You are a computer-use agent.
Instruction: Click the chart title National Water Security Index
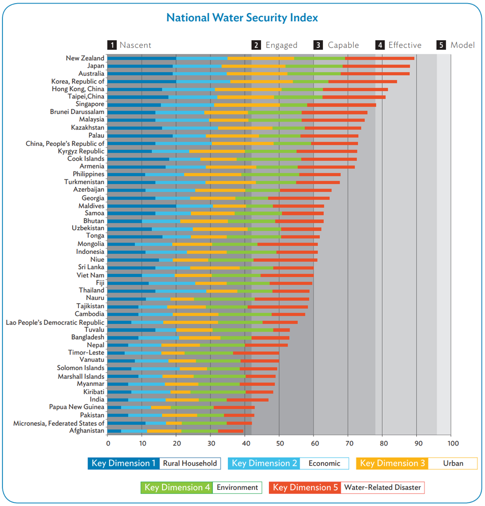tap(242, 18)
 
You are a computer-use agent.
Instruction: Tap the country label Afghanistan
tap(87, 431)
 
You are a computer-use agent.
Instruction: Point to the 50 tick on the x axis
tap(279, 443)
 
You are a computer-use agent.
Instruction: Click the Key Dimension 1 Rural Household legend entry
tap(154, 463)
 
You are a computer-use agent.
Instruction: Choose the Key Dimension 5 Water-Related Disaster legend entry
tap(347, 487)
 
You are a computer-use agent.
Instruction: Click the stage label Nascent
tap(135, 45)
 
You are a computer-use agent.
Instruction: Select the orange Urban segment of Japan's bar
tap(253, 66)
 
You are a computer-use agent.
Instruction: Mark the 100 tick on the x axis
tap(452, 443)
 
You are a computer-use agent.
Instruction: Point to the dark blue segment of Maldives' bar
tap(142, 206)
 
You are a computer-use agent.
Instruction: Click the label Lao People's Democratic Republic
tap(55, 322)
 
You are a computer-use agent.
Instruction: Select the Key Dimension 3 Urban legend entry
tap(416, 463)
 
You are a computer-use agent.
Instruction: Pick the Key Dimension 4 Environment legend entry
tap(201, 487)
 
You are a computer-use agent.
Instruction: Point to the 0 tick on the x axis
tap(108, 443)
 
